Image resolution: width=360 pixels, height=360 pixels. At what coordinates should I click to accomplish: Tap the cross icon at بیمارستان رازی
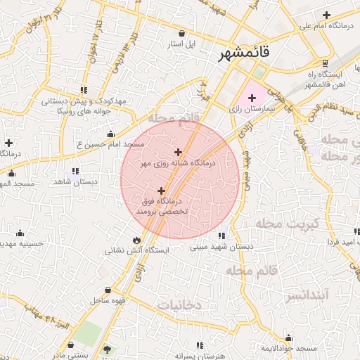pos(252,97)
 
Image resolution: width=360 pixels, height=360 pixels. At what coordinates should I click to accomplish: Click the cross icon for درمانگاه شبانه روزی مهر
pos(178,152)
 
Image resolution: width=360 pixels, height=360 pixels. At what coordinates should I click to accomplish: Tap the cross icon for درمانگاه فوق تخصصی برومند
pos(162,191)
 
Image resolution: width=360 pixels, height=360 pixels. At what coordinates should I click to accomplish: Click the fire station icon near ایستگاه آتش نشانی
pos(136,240)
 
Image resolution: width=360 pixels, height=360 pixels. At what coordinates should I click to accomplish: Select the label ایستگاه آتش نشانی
pos(136,250)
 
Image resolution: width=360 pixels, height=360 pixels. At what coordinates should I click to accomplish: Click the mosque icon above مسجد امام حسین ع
pos(110,134)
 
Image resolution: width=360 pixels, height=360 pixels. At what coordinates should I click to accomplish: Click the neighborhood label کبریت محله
pos(296,224)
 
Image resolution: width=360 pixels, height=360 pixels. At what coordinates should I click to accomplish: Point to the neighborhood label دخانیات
pos(179,305)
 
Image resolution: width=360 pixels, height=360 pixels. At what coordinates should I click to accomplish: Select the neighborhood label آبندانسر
pos(307,295)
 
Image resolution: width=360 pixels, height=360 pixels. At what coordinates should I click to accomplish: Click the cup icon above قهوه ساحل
pos(108,290)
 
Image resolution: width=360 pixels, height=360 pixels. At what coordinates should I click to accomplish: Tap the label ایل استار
pos(181,44)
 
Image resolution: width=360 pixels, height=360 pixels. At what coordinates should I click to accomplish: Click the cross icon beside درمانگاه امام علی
pos(326,15)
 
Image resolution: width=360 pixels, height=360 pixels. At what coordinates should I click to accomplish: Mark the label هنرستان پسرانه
pos(199,356)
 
